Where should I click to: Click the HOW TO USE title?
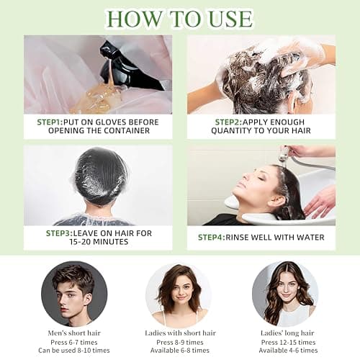[179, 17]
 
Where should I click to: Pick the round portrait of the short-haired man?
[74, 294]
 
